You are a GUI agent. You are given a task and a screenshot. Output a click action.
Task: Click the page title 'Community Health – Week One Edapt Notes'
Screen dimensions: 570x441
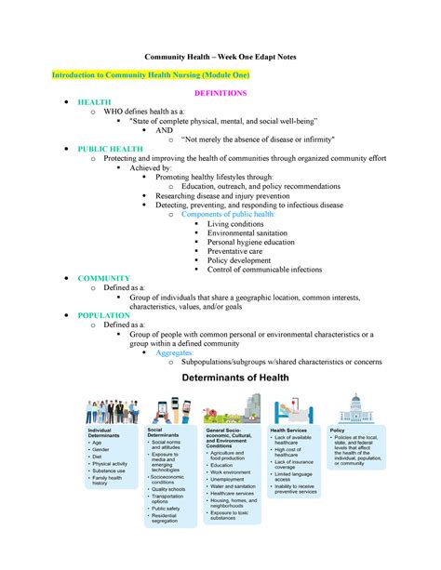[220, 57]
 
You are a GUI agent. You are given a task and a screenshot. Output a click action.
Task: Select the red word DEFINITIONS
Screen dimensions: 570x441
[220, 94]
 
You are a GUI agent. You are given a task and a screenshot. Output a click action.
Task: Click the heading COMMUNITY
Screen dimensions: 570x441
[103, 278]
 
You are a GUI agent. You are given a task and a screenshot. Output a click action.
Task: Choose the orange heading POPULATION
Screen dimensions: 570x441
[104, 315]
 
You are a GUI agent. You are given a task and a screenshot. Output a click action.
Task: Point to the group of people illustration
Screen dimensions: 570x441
[112, 411]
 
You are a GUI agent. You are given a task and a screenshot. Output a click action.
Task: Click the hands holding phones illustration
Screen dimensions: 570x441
[167, 410]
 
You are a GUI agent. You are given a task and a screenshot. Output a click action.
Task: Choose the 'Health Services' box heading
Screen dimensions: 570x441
[288, 431]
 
